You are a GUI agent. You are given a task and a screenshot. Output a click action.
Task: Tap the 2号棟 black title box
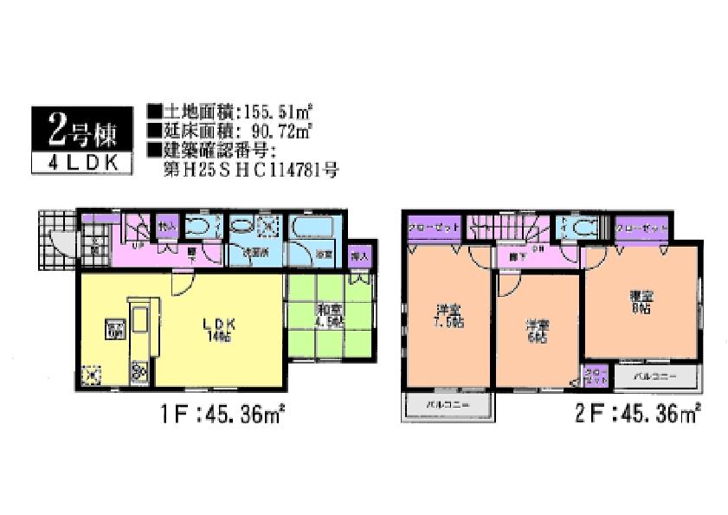[83, 130]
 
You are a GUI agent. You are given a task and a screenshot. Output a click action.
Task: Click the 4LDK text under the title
[83, 162]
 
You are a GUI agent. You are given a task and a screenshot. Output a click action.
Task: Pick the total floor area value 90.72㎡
[280, 132]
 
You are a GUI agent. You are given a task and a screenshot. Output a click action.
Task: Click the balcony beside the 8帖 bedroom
[653, 377]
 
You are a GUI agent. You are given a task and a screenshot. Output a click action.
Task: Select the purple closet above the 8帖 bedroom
[643, 227]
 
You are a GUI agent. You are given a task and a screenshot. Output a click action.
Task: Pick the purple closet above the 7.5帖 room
[434, 227]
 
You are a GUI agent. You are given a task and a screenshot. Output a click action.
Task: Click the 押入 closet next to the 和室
[359, 257]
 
